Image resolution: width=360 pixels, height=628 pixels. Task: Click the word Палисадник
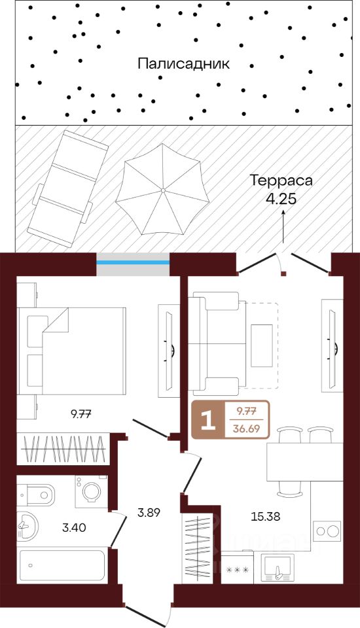tap(184, 63)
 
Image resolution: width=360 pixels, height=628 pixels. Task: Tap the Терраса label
tap(281, 181)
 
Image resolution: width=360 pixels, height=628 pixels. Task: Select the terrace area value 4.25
tap(281, 199)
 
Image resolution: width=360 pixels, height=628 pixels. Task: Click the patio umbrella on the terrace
tap(162, 189)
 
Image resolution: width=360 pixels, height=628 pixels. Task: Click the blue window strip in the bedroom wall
tap(133, 262)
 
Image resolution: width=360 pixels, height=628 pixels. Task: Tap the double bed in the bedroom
tap(72, 351)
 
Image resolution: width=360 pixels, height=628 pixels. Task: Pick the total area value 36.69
tap(247, 429)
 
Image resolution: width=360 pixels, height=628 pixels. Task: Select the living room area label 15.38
tap(265, 517)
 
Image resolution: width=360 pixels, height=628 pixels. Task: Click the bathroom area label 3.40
tap(74, 528)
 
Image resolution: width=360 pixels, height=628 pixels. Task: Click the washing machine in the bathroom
tap(91, 491)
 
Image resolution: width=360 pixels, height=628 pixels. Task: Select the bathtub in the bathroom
tap(62, 565)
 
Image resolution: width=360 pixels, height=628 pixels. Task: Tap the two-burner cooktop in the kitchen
tap(327, 531)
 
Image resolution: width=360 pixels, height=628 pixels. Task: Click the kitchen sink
tap(278, 567)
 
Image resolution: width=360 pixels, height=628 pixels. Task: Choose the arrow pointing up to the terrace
tap(283, 227)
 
